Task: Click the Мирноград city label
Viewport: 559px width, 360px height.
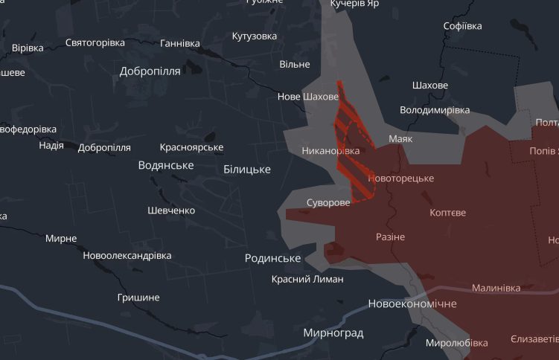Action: [333, 333]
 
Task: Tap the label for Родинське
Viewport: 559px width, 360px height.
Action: [272, 258]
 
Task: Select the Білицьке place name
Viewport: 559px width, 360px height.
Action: [247, 170]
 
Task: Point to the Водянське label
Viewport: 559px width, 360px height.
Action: [166, 165]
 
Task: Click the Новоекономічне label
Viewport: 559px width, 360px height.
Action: [412, 304]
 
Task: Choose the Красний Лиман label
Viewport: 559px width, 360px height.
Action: [307, 279]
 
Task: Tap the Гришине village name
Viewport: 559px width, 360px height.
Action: [138, 298]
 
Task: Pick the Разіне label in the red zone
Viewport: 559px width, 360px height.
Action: [390, 237]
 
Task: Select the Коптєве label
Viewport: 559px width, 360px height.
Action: [448, 213]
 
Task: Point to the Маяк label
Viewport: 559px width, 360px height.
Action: [400, 139]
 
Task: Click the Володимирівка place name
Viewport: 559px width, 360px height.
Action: [435, 110]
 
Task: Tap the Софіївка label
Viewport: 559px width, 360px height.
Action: [462, 26]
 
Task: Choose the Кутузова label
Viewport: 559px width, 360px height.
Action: [255, 36]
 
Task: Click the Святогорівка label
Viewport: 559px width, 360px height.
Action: [95, 42]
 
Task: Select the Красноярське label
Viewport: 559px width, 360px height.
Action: [191, 147]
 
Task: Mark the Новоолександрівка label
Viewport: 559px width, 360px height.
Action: [127, 255]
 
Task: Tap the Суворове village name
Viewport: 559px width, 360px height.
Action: [328, 203]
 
